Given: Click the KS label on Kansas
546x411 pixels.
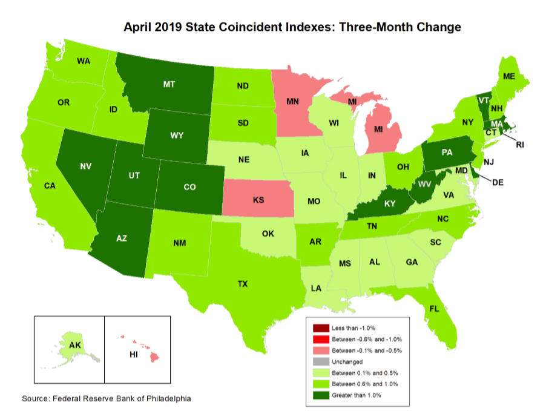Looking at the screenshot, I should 258,199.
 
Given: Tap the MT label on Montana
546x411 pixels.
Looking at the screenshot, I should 169,85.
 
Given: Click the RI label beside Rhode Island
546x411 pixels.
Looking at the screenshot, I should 519,144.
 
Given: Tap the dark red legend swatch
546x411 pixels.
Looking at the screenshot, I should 321,327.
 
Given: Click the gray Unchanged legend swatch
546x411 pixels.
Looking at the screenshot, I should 321,361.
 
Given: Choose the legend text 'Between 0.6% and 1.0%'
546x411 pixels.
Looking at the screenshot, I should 366,384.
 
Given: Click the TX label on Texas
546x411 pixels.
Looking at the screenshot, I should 242,283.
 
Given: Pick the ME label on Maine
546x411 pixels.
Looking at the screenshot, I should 510,76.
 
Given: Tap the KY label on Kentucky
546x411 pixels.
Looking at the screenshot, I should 389,205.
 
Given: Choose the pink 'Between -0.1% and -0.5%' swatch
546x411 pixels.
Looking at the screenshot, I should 321,350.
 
